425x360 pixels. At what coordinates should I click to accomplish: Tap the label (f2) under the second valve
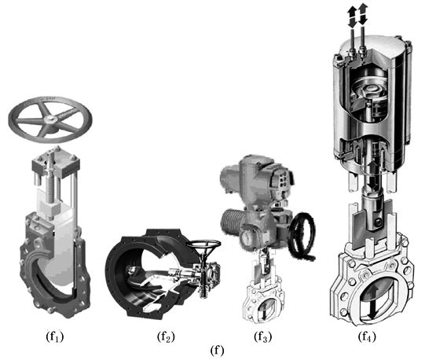166,336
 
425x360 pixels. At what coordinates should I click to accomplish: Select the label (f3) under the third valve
263,336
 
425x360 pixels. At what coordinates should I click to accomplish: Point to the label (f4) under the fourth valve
367,336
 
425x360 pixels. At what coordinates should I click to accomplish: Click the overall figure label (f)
217,351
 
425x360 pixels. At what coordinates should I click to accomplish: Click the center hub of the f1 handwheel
50,119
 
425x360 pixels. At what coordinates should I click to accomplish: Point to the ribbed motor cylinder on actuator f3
233,222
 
